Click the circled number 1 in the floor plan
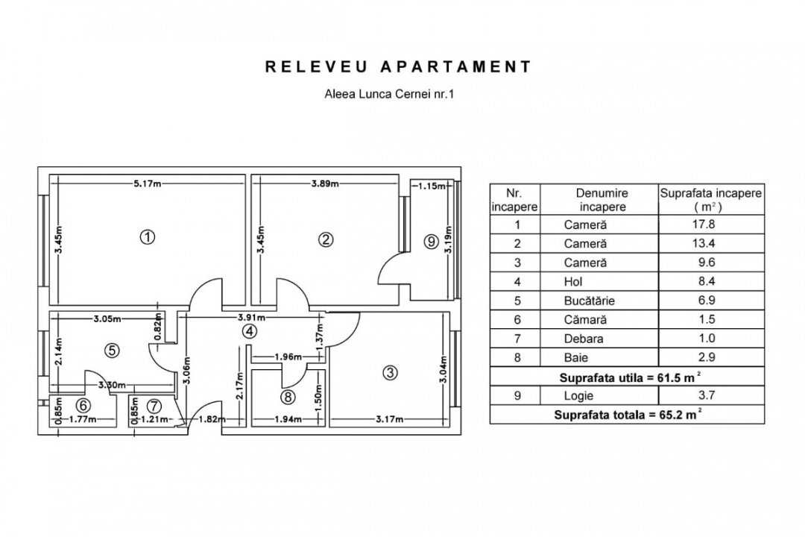click(x=148, y=237)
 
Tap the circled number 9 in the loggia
click(x=431, y=241)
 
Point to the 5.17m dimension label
click(x=148, y=183)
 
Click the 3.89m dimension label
click(x=325, y=183)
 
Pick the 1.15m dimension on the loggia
click(x=432, y=186)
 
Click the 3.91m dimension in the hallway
click(x=251, y=318)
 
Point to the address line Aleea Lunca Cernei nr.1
click(x=390, y=94)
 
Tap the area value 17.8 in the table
click(x=704, y=224)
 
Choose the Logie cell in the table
click(x=578, y=396)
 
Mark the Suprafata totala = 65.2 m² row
click(x=627, y=414)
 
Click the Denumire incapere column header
click(x=602, y=200)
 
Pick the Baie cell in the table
click(x=576, y=358)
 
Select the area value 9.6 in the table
click(x=707, y=262)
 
